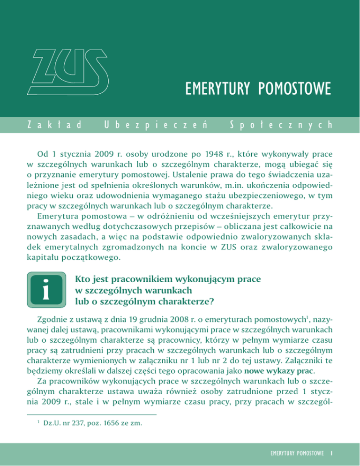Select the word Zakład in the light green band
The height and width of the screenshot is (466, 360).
click(x=45, y=126)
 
